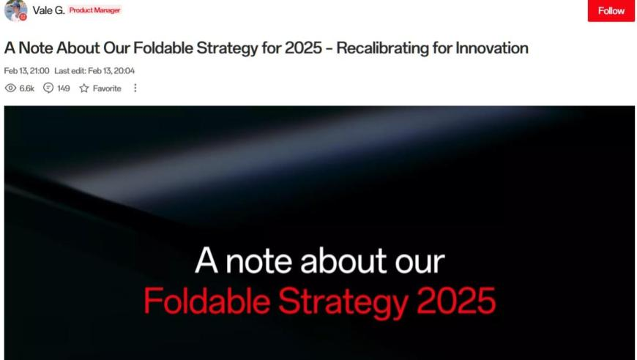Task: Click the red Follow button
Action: tap(611, 10)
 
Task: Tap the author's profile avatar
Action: tap(15, 10)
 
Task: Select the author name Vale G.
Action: tap(48, 10)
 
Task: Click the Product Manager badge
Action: tap(94, 10)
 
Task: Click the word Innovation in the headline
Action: tap(492, 48)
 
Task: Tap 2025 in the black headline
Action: tap(303, 48)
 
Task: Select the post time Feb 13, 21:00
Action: tap(26, 71)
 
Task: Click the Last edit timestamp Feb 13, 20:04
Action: tap(94, 71)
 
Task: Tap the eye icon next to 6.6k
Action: tap(10, 88)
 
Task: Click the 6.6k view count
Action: tap(27, 89)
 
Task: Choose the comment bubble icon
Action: tap(48, 88)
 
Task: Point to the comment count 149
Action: tap(64, 89)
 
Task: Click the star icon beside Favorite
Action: tap(84, 88)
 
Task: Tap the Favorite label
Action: tap(107, 89)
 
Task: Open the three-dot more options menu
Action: tap(135, 88)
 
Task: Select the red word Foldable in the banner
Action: tap(207, 301)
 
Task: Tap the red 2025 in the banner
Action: tap(456, 301)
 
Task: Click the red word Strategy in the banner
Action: tap(343, 303)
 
